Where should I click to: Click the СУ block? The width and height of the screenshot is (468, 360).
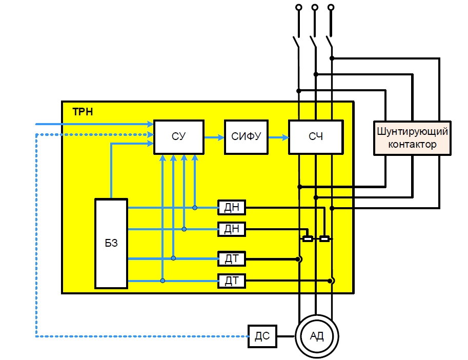click(x=179, y=137)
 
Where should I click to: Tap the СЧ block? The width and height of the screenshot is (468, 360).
click(x=315, y=137)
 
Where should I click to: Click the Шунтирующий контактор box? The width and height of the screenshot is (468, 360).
click(x=413, y=137)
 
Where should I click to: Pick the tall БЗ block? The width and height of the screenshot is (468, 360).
click(x=111, y=243)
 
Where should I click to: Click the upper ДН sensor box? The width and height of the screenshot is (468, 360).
click(x=232, y=208)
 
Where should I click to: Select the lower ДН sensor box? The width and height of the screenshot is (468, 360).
click(x=232, y=229)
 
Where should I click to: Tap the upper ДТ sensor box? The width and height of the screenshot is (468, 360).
click(x=232, y=259)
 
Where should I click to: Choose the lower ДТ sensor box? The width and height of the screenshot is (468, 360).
click(x=232, y=281)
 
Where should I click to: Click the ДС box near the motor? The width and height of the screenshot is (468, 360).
click(x=262, y=336)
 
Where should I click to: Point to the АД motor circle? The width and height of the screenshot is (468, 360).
click(x=316, y=336)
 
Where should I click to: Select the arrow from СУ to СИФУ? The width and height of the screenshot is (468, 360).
click(x=214, y=137)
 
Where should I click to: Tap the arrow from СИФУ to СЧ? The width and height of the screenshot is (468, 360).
click(x=278, y=137)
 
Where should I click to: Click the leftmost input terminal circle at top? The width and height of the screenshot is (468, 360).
click(x=298, y=8)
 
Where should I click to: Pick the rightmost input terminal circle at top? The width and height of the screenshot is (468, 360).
click(x=331, y=8)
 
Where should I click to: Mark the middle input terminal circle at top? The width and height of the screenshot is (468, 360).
click(x=315, y=8)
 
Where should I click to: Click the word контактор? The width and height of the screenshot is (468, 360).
click(x=413, y=144)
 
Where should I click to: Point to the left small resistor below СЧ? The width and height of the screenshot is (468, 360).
click(x=308, y=238)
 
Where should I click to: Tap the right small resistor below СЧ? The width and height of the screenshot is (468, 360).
click(x=324, y=238)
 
